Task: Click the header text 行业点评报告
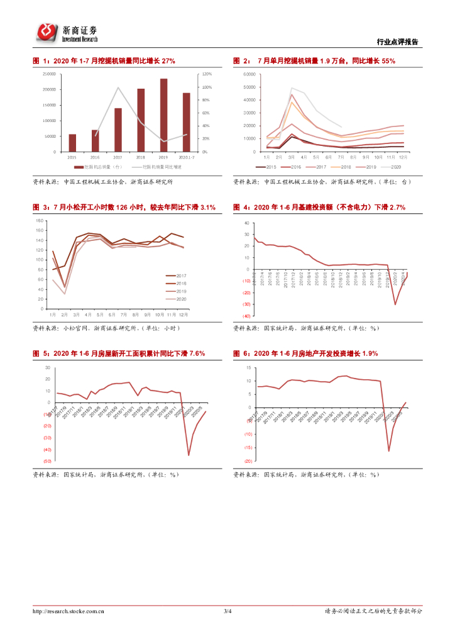coord(397,42)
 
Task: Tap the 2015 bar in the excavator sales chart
coord(72,143)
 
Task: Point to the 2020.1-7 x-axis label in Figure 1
coord(185,157)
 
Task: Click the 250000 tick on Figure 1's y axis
coord(49,74)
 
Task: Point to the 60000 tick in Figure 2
coord(248,74)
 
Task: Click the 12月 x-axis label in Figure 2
coord(403,157)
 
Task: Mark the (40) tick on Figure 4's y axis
coord(246,316)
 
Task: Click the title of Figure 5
coord(119,354)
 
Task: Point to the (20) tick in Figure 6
coord(248,461)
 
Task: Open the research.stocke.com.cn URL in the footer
coord(69,611)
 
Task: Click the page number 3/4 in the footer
coord(227,611)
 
